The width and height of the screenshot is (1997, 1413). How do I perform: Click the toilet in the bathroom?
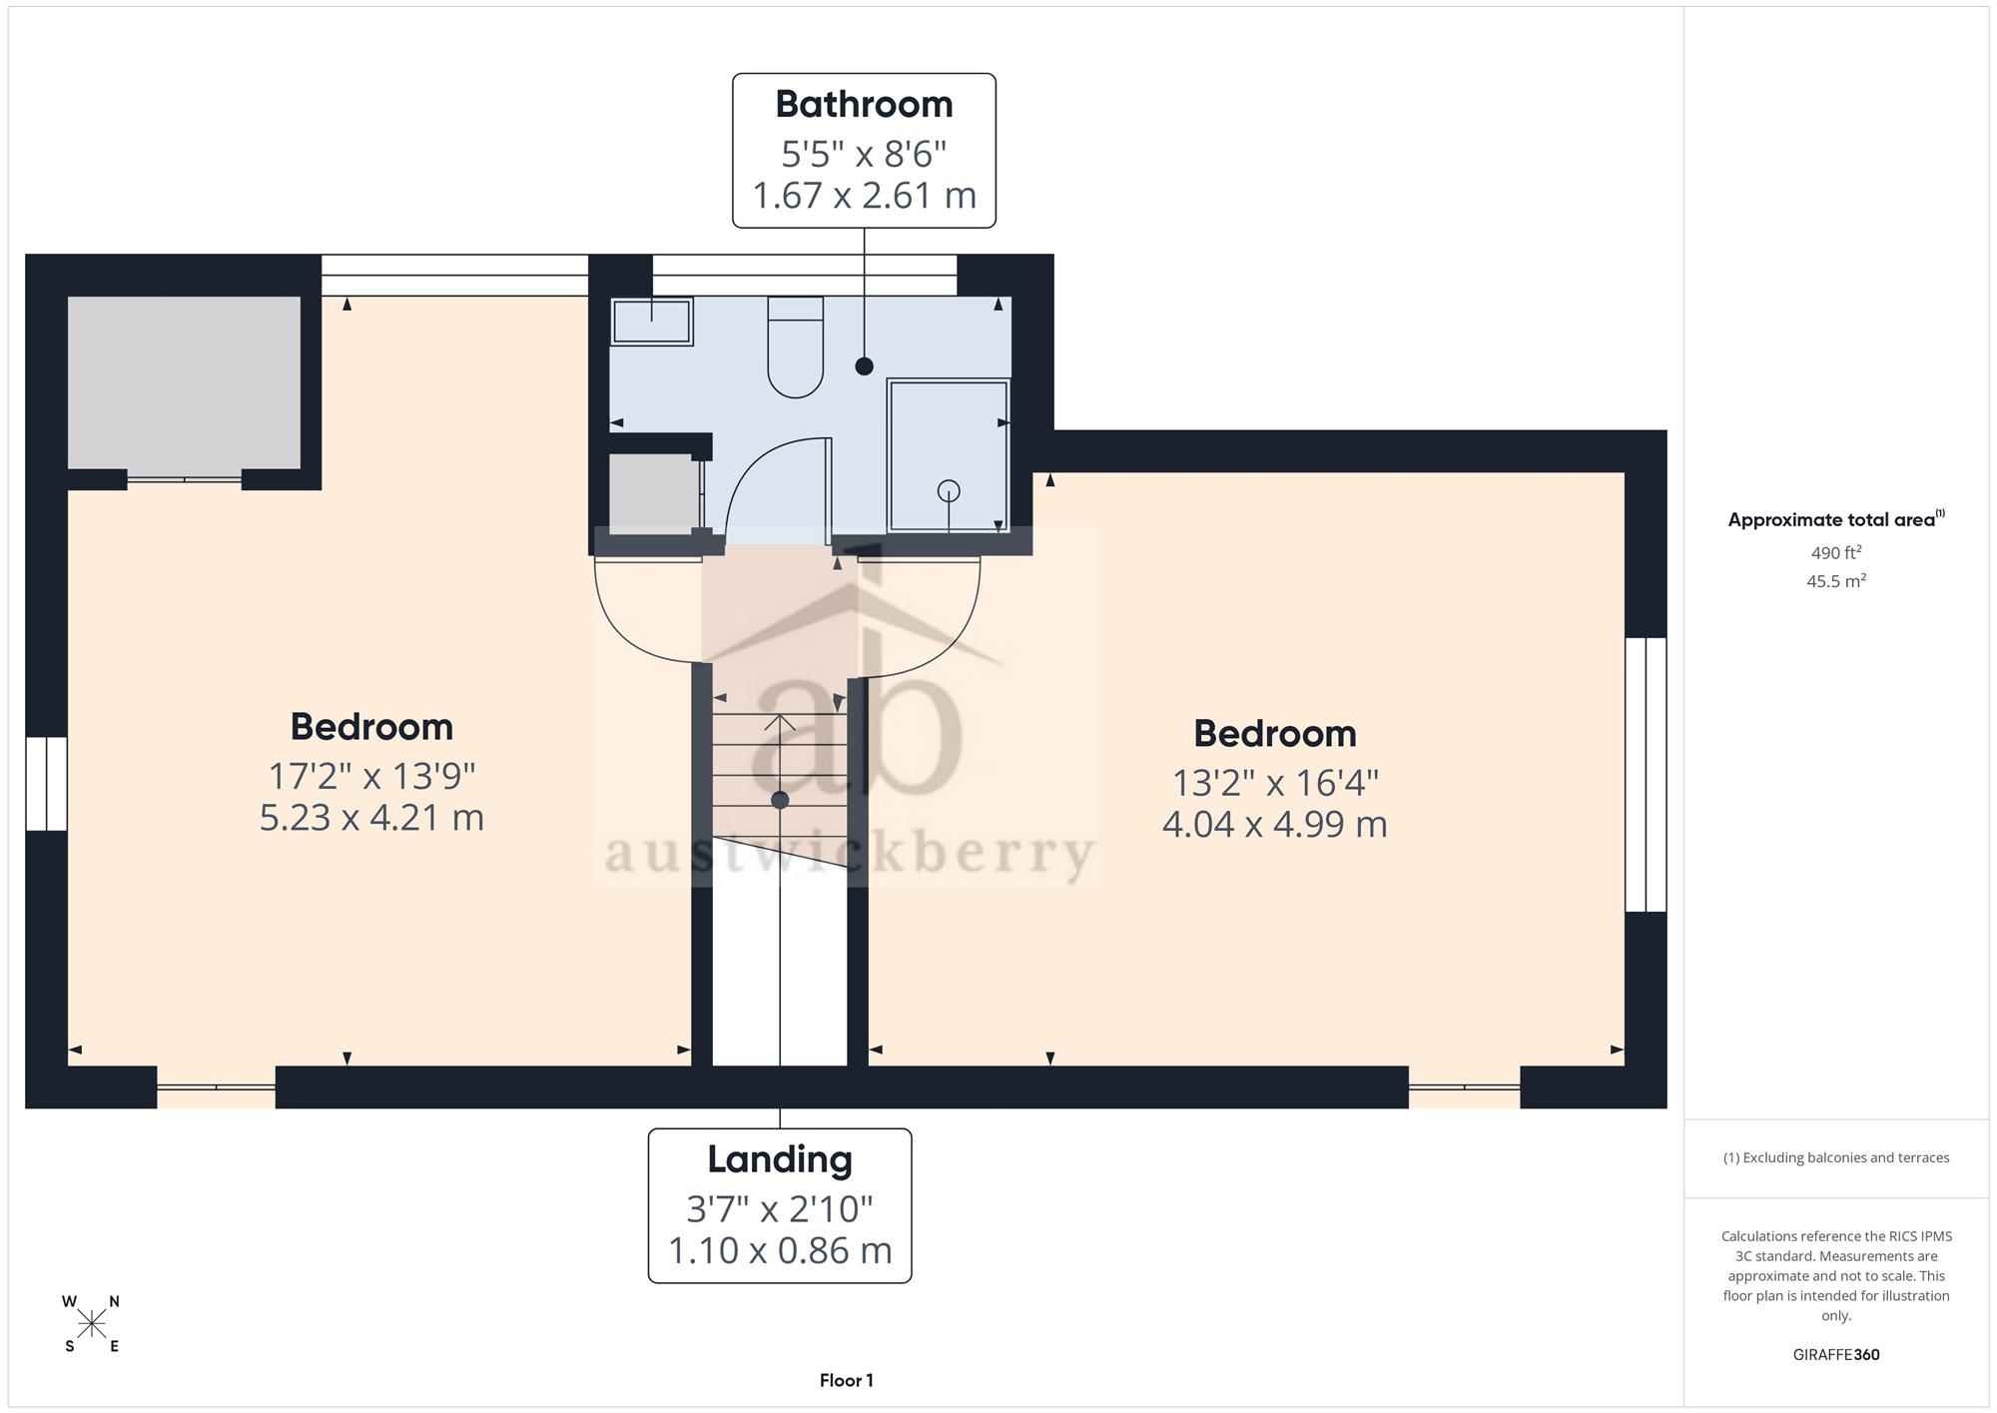795,347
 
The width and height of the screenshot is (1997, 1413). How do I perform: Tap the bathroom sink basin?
652,322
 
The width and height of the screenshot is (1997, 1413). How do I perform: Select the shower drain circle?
949,490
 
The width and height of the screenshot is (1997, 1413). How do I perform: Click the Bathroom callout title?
864,104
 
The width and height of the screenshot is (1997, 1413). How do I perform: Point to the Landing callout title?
780,1159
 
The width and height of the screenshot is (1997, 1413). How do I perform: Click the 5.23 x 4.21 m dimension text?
371,818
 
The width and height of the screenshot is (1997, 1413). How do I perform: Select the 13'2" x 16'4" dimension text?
1275,783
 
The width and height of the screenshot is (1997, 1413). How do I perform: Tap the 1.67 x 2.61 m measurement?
864,195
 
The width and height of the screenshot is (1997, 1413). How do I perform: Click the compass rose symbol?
91,1324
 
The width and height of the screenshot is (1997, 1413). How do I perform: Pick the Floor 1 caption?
847,1381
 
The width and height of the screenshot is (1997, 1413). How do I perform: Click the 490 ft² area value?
1836,552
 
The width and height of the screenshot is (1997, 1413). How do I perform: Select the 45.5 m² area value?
1836,580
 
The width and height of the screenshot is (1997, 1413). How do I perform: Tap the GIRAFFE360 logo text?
1836,1355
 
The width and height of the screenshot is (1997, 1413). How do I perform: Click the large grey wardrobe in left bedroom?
184,382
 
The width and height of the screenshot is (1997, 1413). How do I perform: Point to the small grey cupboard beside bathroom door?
654,493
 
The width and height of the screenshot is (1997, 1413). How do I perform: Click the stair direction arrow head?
780,721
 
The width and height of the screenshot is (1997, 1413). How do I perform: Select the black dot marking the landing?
780,800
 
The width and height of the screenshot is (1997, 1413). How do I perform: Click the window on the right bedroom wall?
1646,775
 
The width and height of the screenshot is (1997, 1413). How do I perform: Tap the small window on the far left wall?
46,784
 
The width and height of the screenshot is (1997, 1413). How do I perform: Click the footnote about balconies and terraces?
1836,1158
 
